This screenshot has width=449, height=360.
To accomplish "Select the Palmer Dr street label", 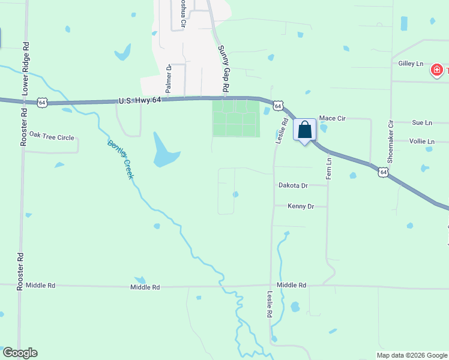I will point(169,79).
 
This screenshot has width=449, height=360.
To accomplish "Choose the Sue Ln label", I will point(422,122).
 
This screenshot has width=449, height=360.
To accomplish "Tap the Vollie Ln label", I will point(421,142).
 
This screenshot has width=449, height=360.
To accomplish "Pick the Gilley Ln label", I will point(411,63).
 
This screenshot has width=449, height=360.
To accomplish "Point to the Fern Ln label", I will point(328,169).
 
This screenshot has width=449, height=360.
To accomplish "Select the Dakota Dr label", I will point(293,186).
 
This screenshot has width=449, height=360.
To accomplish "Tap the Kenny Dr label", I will point(301,206).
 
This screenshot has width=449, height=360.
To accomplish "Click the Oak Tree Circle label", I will point(52,137).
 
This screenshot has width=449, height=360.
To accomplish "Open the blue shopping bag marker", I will point(304,130).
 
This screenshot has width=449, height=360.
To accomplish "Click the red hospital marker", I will point(436,70).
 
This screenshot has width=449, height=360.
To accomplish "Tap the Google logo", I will point(20,353).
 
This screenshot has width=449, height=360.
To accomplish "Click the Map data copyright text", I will point(412,355).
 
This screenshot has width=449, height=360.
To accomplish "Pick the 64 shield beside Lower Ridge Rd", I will point(41,103).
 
